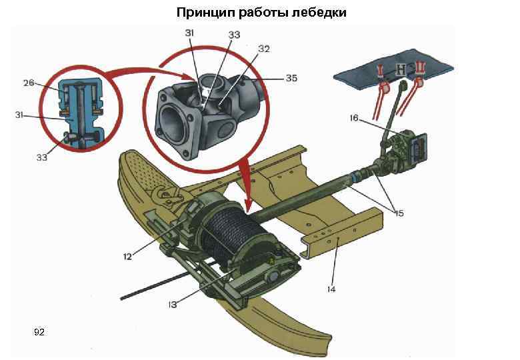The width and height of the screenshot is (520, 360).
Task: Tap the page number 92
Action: pos(39,332)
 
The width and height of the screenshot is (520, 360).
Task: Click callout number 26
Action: pos(29,83)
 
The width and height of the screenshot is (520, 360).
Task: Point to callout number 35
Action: pos(291,79)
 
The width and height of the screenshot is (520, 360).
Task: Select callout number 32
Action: pos(264,49)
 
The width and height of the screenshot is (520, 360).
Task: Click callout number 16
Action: pos(354,118)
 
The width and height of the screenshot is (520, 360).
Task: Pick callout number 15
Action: pos(399,213)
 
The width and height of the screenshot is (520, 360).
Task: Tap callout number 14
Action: pos(331,289)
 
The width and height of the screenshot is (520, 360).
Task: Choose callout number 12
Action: pos(127,256)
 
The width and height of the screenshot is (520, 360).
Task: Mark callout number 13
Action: pos(173,304)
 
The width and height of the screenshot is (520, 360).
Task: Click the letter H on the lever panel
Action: pos(401,70)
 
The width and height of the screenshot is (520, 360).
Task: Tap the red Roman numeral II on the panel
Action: pos(420,68)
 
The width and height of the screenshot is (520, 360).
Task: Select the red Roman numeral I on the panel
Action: pos(381,70)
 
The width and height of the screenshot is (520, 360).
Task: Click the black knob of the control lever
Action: pos(403,84)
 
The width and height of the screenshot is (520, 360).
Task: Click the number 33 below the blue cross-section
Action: pos(42,158)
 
